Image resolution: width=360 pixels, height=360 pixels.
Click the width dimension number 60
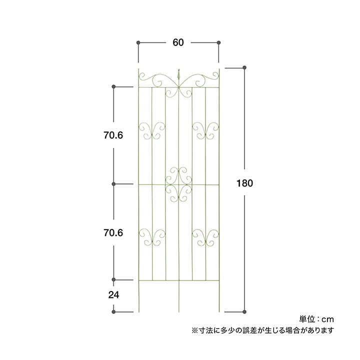tap(178, 43)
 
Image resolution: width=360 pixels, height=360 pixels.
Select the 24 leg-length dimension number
tap(113, 295)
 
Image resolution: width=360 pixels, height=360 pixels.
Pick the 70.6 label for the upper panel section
tap(113, 135)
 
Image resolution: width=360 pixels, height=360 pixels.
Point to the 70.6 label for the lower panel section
tap(113, 233)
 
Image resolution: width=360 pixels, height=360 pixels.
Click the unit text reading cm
tap(327, 318)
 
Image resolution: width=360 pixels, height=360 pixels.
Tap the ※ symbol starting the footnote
tap(194, 330)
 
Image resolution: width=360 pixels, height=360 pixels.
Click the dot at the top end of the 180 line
tap(244, 67)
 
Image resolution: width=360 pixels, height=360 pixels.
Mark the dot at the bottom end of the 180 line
tap(244, 312)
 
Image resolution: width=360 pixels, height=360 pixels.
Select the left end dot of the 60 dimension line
tap(138, 43)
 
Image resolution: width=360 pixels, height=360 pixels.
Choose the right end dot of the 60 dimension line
tap(219, 43)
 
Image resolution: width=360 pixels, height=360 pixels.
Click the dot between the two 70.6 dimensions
tap(114, 184)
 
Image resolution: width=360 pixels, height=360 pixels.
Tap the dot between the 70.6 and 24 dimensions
tap(114, 279)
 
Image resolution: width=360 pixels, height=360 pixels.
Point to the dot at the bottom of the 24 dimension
tap(114, 312)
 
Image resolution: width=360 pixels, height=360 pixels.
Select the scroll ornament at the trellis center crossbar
tap(178, 184)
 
